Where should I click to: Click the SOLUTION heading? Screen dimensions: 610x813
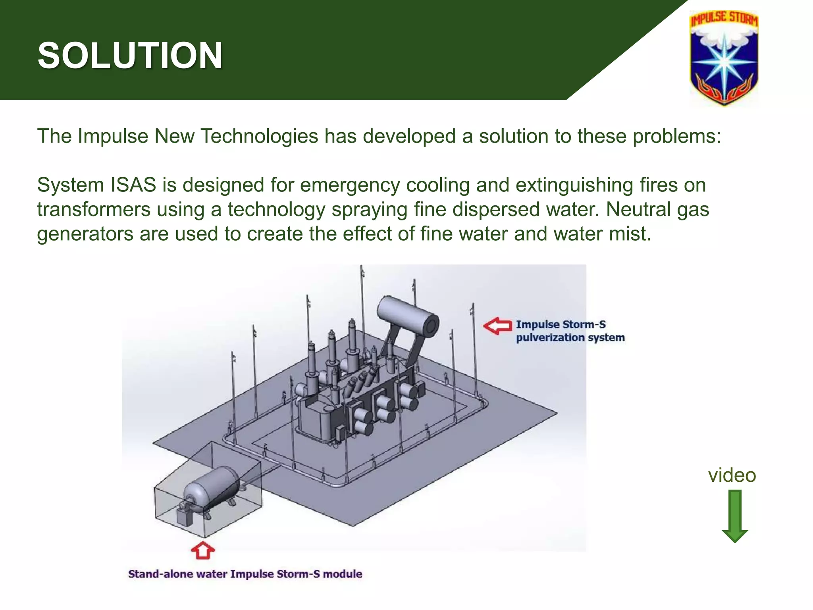coord(130,56)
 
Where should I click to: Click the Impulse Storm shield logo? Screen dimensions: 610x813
coord(724,58)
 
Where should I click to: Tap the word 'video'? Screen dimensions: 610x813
coord(732,475)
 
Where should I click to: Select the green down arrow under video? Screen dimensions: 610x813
coord(735,516)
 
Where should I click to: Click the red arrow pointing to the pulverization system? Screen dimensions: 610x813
coord(498,326)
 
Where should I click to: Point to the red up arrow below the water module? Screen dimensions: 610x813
coord(203,550)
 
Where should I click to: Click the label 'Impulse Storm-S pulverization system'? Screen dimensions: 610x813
coord(570,331)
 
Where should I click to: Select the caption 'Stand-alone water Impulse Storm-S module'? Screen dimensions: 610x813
coord(245,574)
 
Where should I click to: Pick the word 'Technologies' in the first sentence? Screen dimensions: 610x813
coord(259,136)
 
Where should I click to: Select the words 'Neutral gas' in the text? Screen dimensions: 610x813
coord(657,209)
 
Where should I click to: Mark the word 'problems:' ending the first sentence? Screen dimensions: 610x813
coord(676,136)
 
